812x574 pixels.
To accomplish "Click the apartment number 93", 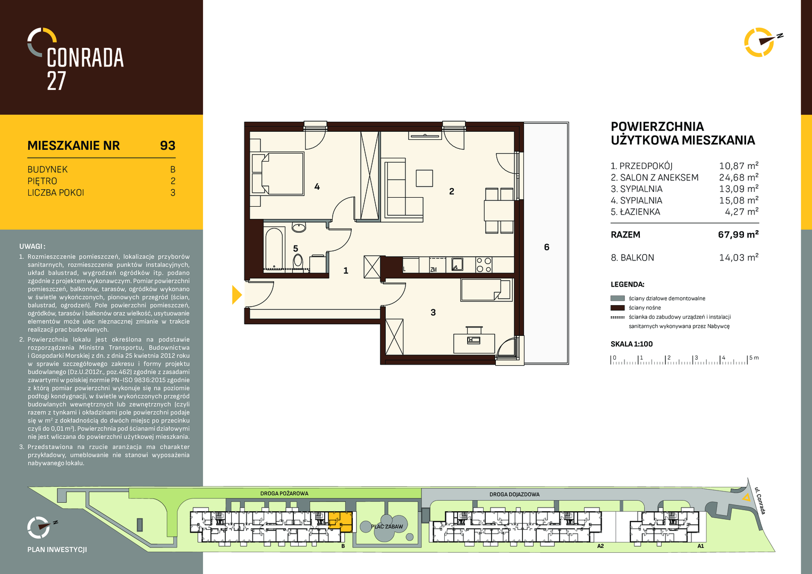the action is click(167, 146).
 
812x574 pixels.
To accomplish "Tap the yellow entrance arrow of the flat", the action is click(236, 294).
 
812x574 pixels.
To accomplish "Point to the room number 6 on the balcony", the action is click(546, 247).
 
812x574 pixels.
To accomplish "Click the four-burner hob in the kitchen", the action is click(484, 265).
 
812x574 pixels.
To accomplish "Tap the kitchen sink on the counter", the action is click(457, 264).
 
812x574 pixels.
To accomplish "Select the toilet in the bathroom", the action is click(298, 260).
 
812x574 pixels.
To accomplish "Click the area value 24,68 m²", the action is click(739, 178).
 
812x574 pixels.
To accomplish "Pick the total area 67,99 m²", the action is click(739, 234).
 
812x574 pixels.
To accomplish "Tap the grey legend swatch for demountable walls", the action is click(618, 298).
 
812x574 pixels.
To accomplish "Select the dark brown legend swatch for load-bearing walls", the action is click(618, 308).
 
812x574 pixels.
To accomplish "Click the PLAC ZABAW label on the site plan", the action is click(387, 527).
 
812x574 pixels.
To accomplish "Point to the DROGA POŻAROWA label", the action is click(284, 494).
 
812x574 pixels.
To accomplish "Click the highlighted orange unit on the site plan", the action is click(341, 522).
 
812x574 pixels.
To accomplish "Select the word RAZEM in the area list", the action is click(625, 234).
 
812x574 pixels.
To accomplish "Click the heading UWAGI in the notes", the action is click(32, 247).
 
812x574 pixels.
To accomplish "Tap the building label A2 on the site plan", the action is click(600, 546).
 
